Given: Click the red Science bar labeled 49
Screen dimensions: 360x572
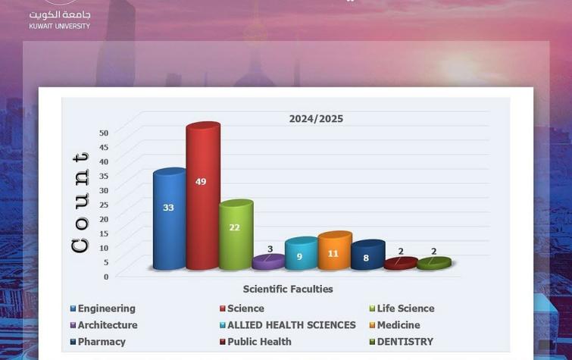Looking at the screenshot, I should tap(202, 197).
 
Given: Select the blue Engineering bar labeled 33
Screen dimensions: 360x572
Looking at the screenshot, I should tap(169, 220).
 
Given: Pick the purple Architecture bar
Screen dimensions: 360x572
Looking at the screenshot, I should tap(268, 261).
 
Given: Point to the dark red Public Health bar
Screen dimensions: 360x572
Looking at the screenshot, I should tap(400, 263).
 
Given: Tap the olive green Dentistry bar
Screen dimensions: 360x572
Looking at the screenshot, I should tap(433, 263).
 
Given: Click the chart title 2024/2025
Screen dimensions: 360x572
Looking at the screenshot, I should tap(316, 119).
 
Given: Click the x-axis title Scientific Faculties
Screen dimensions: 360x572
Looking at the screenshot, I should tap(288, 289).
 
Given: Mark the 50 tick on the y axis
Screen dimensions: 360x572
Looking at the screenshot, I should tap(104, 133).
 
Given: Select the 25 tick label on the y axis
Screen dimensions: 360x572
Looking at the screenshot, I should tap(104, 205).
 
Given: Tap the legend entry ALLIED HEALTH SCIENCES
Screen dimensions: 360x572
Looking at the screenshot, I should tap(291, 325).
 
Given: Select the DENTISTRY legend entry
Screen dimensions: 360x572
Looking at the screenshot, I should tap(405, 342).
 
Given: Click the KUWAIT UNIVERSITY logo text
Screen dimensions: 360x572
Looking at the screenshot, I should tap(59, 26).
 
